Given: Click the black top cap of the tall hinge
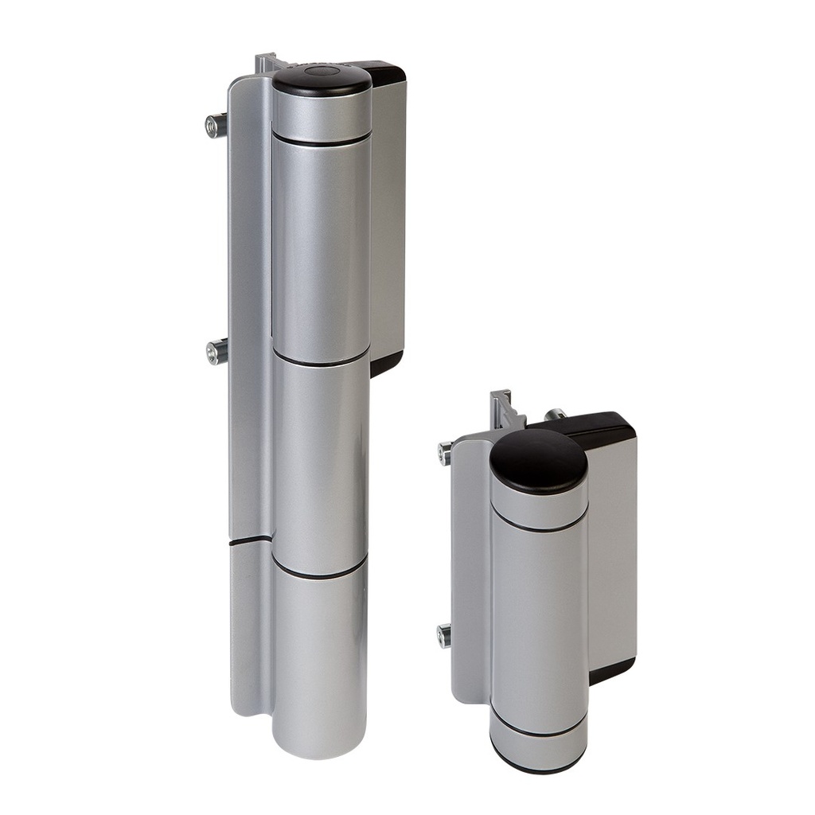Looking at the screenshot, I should (x=322, y=80).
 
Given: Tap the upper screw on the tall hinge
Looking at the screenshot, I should (x=215, y=125).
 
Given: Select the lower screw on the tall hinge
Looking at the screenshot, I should (x=216, y=351).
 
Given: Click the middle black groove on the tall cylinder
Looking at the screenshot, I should (x=321, y=360).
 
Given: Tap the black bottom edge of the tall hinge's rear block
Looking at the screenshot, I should (x=387, y=364).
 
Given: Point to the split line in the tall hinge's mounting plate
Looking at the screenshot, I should (x=250, y=541).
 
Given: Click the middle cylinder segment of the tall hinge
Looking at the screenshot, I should (x=321, y=466).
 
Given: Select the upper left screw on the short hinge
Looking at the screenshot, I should (x=444, y=454).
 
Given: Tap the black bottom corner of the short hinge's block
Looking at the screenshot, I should (x=611, y=671).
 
